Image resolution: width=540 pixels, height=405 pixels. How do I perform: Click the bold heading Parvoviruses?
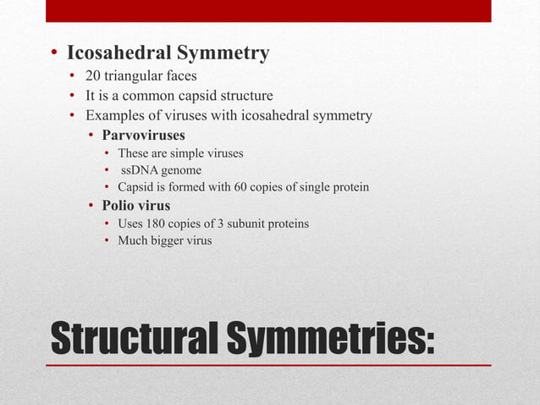click(143, 135)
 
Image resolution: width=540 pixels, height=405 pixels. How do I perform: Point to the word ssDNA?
click(141, 170)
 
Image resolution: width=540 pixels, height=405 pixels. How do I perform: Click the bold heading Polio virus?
click(136, 206)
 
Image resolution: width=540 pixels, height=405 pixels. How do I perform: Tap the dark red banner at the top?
click(268, 11)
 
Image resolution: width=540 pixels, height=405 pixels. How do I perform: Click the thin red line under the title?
click(268, 365)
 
